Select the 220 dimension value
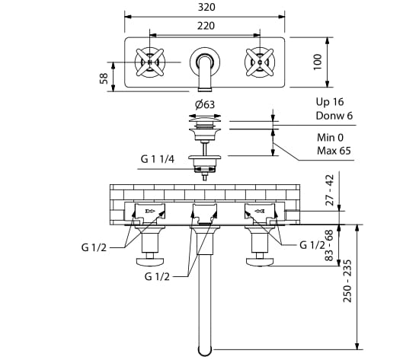pyautogui.click(x=204, y=25)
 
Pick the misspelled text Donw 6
pyautogui.click(x=334, y=116)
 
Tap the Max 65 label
pyautogui.click(x=334, y=151)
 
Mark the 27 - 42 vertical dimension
pyautogui.click(x=329, y=190)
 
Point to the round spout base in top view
pyautogui.click(x=203, y=59)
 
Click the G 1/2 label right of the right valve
pyautogui.click(x=312, y=244)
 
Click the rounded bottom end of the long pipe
pyautogui.click(x=203, y=350)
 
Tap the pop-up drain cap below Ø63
pyautogui.click(x=203, y=119)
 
